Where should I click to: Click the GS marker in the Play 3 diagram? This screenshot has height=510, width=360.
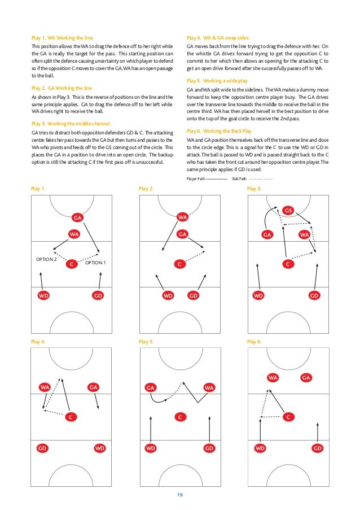[x=288, y=211]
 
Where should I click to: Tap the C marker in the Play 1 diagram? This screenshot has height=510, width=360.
[x=71, y=264]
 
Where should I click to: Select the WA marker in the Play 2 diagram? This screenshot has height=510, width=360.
[x=182, y=217]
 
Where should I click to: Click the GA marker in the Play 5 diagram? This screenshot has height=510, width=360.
[x=151, y=387]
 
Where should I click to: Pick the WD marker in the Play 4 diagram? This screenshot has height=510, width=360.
[x=100, y=448]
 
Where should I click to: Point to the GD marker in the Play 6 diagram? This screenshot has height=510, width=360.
[x=317, y=448]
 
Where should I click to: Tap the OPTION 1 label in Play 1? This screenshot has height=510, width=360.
[x=95, y=263]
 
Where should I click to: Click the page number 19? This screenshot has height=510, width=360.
[x=179, y=495]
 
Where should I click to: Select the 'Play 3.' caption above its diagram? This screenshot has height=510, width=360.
[x=254, y=189]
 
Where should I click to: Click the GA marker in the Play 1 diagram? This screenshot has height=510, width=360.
[x=78, y=217]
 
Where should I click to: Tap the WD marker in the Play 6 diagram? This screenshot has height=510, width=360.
[x=260, y=448]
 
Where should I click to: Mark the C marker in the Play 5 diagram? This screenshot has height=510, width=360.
[x=179, y=417]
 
